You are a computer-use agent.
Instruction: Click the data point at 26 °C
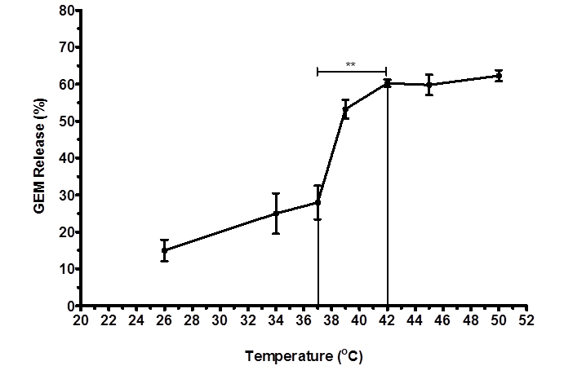pos(164,250)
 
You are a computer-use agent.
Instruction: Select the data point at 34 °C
pos(276,214)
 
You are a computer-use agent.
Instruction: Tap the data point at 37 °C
pos(318,202)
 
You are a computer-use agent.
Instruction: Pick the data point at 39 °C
pos(345,109)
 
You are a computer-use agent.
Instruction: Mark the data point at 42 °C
pos(387,83)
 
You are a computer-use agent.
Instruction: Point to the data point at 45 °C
pos(429,84)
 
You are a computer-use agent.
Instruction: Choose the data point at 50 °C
pos(499,76)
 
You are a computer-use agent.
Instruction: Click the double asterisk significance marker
pos(350,65)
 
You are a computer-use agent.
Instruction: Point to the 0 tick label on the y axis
pos(70,306)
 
